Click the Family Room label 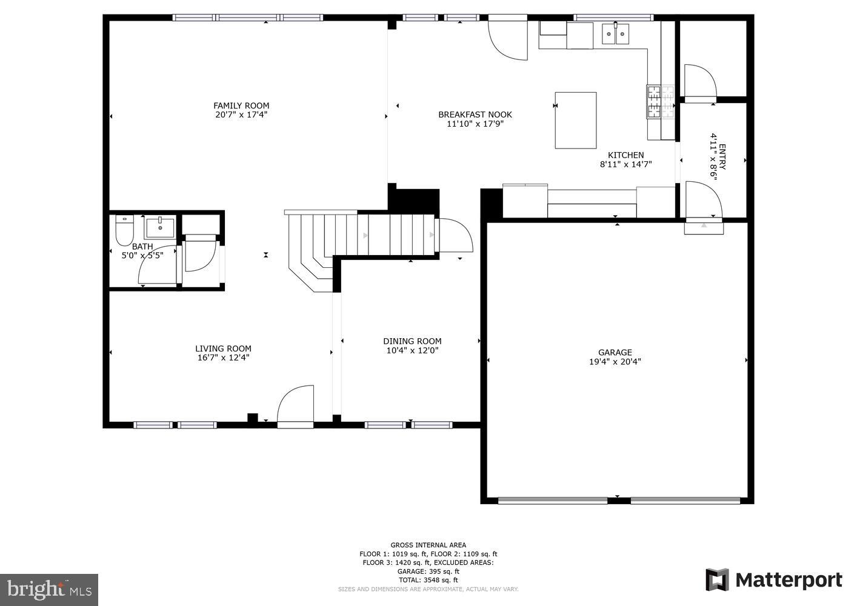241,105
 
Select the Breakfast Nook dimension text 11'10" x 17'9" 475,124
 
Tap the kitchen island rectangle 575,120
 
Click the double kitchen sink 616,34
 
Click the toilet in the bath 124,230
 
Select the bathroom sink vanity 159,228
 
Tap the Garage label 615,352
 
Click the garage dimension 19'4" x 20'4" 615,362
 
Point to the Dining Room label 412,341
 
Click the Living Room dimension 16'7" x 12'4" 223,358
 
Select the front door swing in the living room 296,404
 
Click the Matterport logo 774,580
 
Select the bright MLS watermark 49,589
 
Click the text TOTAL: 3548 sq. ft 428,580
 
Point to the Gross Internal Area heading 428,545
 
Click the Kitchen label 625,155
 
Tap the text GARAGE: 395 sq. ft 428,571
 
